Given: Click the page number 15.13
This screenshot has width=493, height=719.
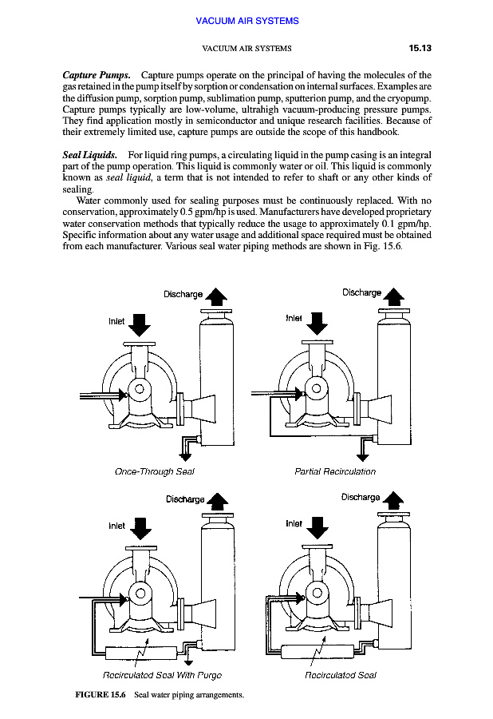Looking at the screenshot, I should click(420, 48).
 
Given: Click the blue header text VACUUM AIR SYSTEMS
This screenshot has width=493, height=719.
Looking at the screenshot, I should click(246, 21).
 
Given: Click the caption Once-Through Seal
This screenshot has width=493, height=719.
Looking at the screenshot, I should click(155, 471).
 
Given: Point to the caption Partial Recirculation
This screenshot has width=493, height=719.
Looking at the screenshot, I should click(335, 471).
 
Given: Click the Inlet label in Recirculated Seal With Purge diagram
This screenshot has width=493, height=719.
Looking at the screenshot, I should click(116, 526).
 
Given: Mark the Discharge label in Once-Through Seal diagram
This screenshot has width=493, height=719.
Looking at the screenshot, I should click(183, 294).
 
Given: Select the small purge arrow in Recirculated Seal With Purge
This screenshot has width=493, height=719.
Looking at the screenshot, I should click(188, 661).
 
